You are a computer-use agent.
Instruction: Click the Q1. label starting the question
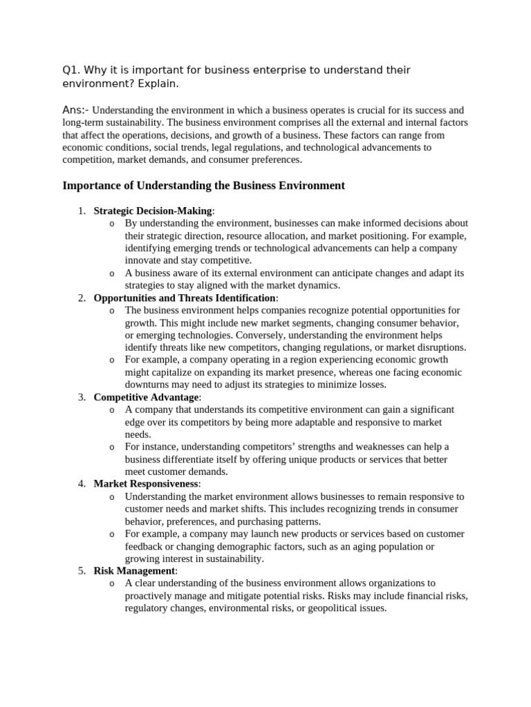[x=71, y=70]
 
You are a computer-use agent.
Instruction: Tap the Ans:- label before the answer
[x=75, y=110]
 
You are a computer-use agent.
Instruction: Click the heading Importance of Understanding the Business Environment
[x=203, y=186]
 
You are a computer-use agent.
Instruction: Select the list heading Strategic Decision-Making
[x=152, y=211]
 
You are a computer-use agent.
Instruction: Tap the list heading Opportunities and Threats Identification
[x=185, y=298]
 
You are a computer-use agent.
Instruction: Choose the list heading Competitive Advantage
[x=146, y=397]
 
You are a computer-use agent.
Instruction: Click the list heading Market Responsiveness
[x=146, y=484]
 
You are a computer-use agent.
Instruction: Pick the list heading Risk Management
[x=134, y=571]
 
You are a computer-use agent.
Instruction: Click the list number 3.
[x=81, y=397]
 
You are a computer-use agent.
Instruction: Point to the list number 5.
[x=81, y=571]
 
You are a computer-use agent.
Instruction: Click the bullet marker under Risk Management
[x=111, y=584]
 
